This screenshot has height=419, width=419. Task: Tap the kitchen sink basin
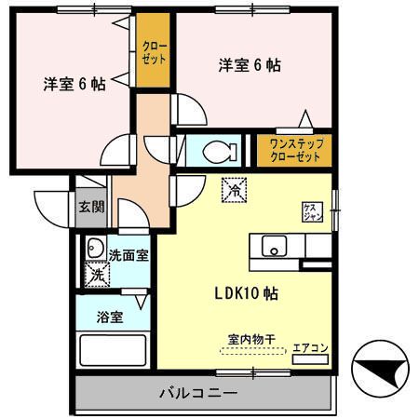coord(275,247)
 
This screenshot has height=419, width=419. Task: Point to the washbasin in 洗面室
coord(94,249)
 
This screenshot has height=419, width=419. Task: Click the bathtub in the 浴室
coord(114,353)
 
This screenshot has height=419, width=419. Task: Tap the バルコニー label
coord(196,392)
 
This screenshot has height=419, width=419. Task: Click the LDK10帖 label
coord(241,292)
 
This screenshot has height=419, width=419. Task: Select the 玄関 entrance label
coord(89,208)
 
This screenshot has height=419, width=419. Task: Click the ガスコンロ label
coord(311,211)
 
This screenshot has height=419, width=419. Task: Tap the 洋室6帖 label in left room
coord(74,83)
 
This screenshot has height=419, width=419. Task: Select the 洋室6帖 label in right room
coord(249,65)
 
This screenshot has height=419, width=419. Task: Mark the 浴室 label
coord(110,317)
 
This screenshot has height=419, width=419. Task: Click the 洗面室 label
coord(128,253)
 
